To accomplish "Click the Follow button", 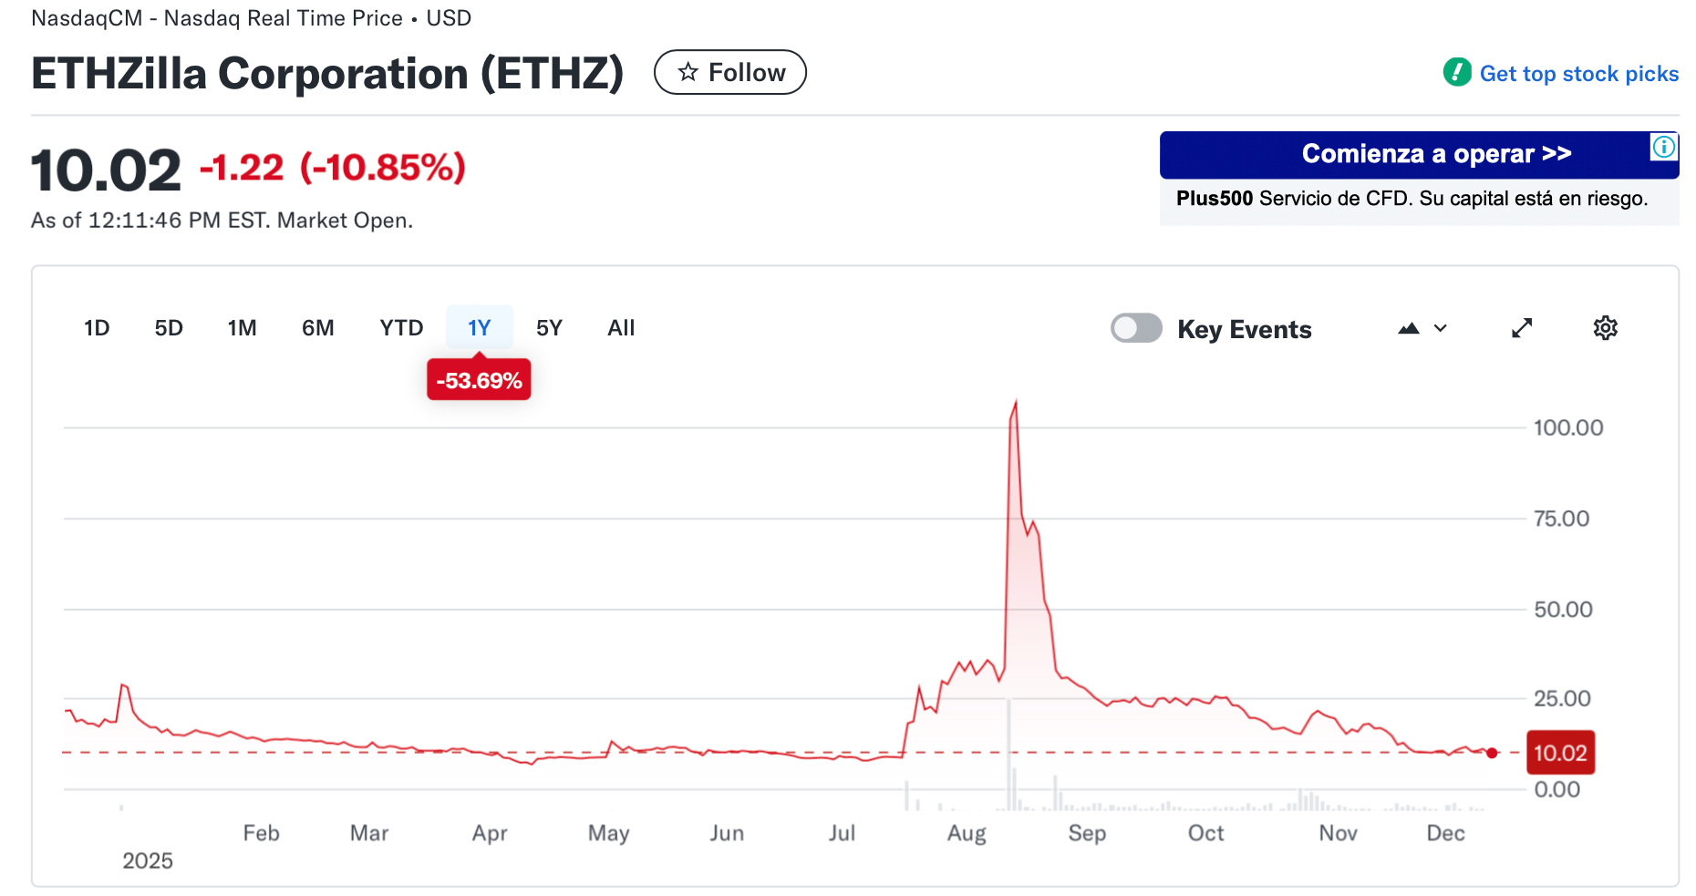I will pyautogui.click(x=729, y=73).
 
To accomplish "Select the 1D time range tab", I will pyautogui.click(x=97, y=328).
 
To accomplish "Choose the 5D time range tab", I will pyautogui.click(x=169, y=328).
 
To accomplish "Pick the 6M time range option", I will pyautogui.click(x=317, y=328).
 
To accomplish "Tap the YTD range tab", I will pyautogui.click(x=401, y=328).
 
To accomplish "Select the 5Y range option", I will pyautogui.click(x=549, y=328).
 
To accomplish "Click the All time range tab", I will pyautogui.click(x=621, y=328).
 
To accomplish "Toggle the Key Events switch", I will pyautogui.click(x=1136, y=328).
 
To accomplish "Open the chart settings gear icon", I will pyautogui.click(x=1605, y=328).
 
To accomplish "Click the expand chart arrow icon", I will pyautogui.click(x=1522, y=328).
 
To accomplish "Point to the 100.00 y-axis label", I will pyautogui.click(x=1567, y=427).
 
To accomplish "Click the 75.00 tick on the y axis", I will pyautogui.click(x=1561, y=519).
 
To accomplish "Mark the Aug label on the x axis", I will pyautogui.click(x=967, y=833).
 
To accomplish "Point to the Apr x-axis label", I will pyautogui.click(x=490, y=833).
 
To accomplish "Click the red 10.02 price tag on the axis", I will pyautogui.click(x=1560, y=753).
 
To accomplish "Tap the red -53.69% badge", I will pyautogui.click(x=479, y=381).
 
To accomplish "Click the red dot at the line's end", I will pyautogui.click(x=1492, y=753).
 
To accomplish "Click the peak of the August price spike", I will pyautogui.click(x=1016, y=402).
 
